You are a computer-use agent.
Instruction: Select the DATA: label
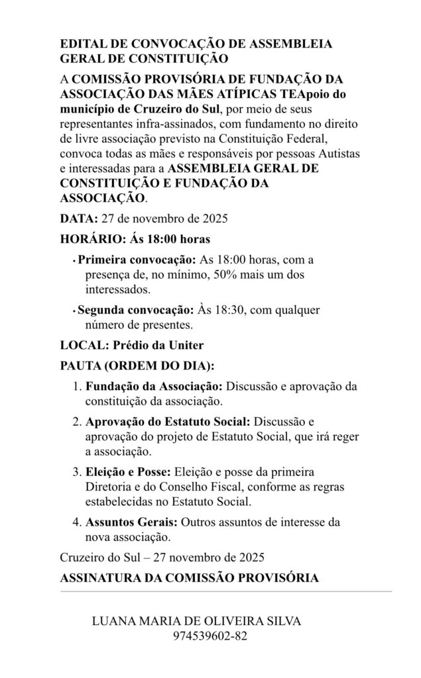click(x=78, y=218)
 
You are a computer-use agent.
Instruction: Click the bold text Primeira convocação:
click(x=136, y=260)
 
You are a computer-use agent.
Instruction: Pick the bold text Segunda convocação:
click(x=135, y=309)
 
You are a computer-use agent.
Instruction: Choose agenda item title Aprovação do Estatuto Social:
click(x=168, y=421)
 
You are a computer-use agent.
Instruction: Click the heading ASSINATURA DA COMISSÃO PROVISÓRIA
click(x=189, y=577)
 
